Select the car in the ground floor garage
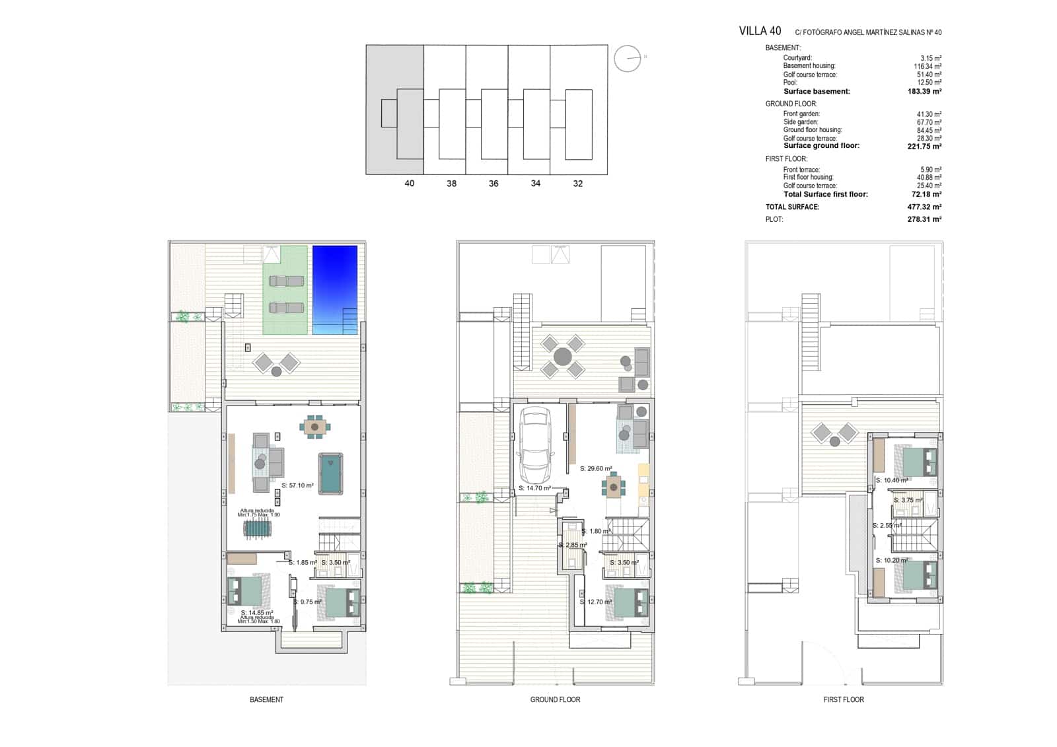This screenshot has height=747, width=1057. [534, 445]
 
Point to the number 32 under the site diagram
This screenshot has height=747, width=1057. [577, 184]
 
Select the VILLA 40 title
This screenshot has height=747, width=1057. [759, 31]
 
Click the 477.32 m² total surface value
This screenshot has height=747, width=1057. [924, 207]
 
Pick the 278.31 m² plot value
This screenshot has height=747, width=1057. [924, 219]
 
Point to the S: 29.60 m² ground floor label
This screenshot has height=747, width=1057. [595, 468]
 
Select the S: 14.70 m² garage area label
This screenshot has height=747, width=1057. [534, 488]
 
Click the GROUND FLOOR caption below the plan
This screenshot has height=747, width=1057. [555, 699]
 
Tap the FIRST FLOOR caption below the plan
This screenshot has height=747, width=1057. [843, 699]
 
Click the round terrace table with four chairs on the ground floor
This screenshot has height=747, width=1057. [562, 357]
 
